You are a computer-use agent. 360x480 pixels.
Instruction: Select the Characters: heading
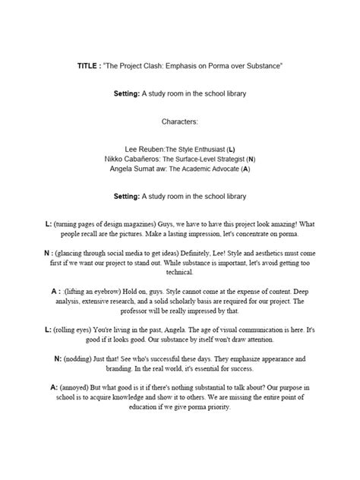pyautogui.click(x=180, y=121)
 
